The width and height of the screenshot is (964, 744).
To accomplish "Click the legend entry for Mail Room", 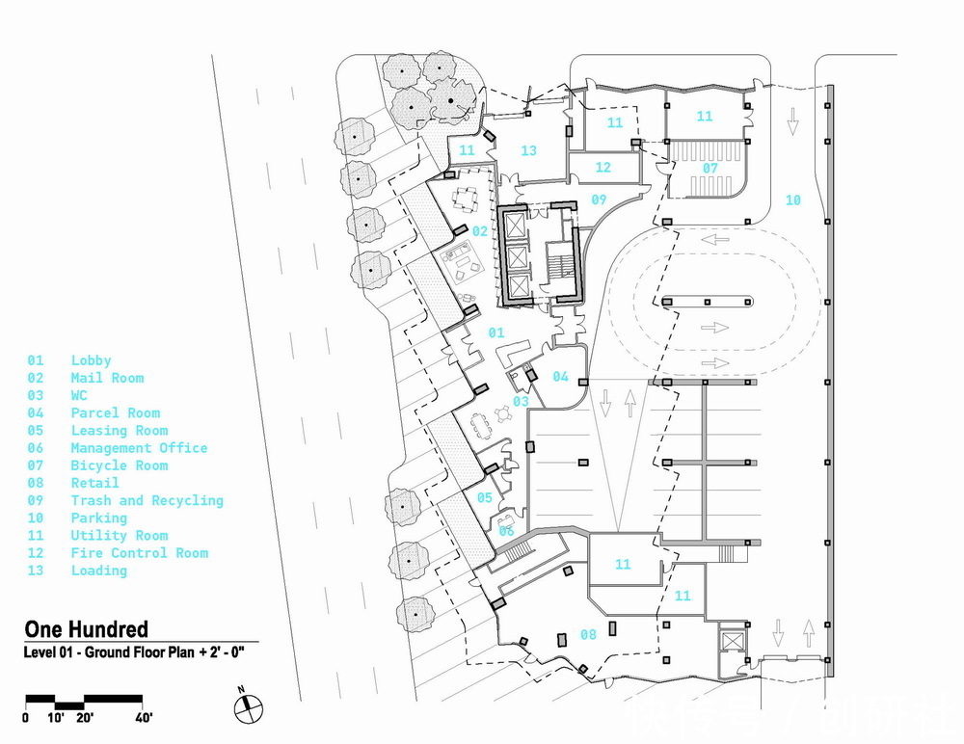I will tap(107, 378).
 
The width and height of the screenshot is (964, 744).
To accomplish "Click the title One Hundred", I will tap(87, 629).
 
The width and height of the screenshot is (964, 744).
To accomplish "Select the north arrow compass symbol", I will tap(247, 707).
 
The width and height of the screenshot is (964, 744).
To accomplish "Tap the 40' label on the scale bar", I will tap(145, 717).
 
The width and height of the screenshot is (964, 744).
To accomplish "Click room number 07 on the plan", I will tap(710, 167).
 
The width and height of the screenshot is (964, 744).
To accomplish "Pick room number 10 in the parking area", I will tap(792, 200).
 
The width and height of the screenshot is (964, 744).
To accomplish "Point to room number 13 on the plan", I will tap(528, 150).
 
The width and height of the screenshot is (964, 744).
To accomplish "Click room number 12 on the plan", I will tap(603, 168).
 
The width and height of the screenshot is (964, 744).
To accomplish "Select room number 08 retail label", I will tap(587, 634).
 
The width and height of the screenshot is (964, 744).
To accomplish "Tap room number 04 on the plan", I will tap(560, 376).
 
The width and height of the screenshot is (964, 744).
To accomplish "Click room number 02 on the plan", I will tap(479, 231).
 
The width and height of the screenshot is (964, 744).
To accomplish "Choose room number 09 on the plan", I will tap(600, 200).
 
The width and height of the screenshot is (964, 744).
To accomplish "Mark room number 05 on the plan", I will tap(483, 498).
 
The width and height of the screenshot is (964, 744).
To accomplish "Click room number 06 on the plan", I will tap(506, 530).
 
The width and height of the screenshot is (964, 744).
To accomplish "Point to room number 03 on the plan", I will tap(521, 401).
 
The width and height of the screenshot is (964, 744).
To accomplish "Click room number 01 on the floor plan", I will tap(496, 332).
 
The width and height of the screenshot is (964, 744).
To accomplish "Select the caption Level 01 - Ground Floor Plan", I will tap(135, 653).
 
